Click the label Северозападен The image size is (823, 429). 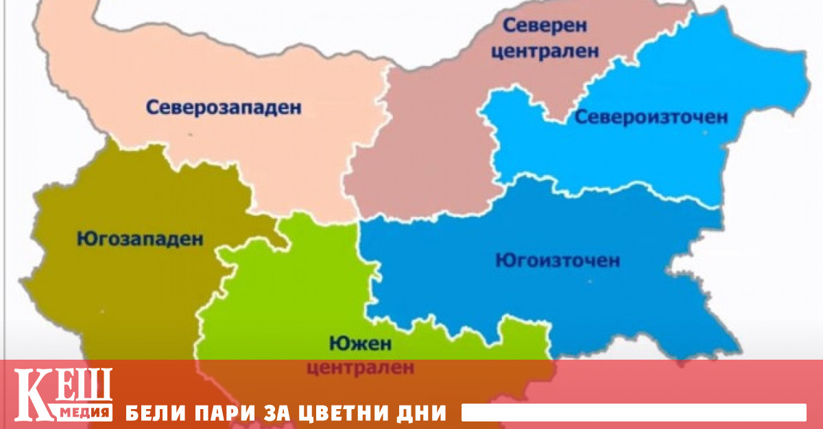pyautogui.click(x=224, y=107)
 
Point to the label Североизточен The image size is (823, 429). pyautogui.click(x=650, y=117)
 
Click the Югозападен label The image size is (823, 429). pyautogui.click(x=140, y=240)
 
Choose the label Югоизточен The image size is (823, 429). pyautogui.click(x=557, y=261)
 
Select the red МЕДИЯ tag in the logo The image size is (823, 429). pyautogui.click(x=84, y=412)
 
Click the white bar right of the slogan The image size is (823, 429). pyautogui.click(x=633, y=413)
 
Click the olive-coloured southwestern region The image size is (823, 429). pyautogui.click(x=103, y=295)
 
